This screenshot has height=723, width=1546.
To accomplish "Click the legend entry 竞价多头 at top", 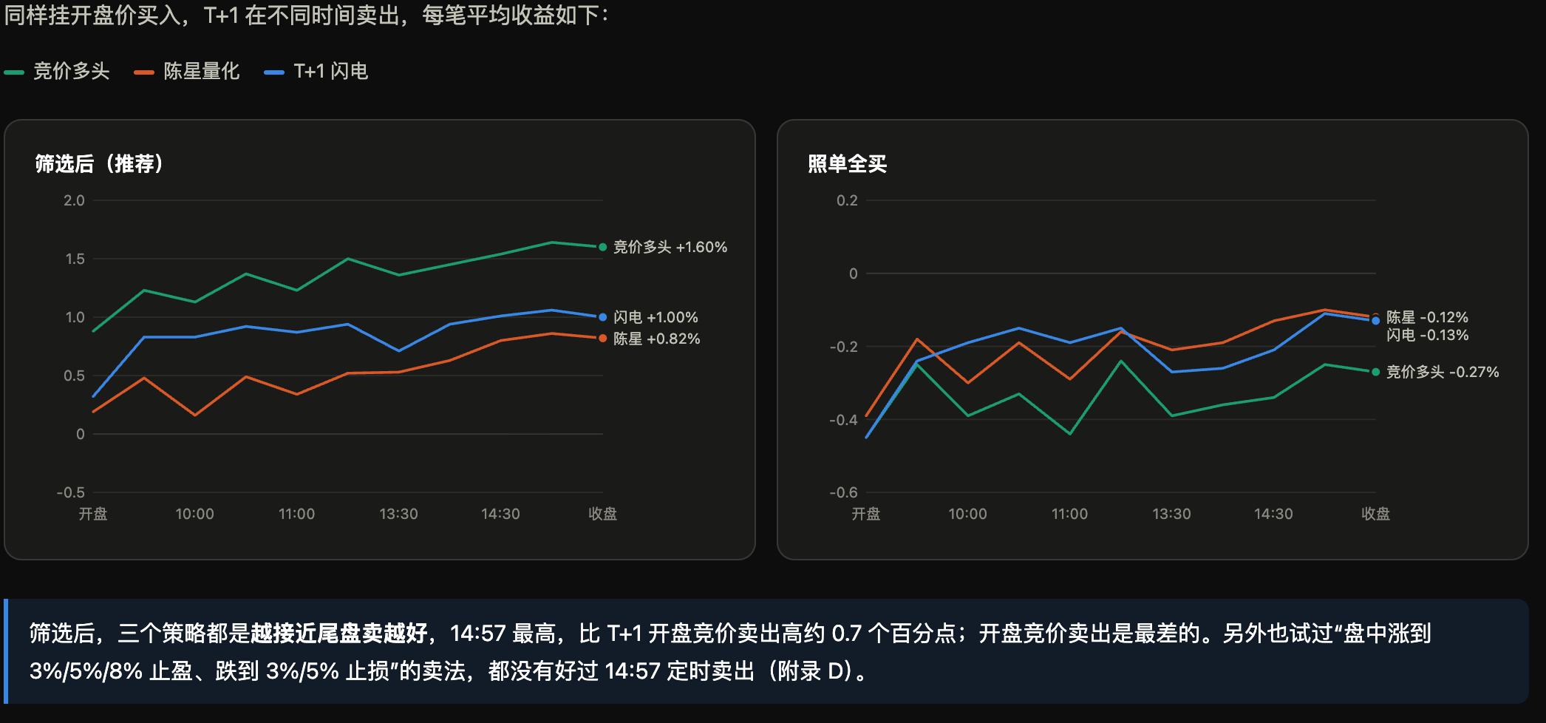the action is [57, 71].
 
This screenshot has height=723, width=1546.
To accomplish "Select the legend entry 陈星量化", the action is [187, 71].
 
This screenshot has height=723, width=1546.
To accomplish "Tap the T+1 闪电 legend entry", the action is [316, 71].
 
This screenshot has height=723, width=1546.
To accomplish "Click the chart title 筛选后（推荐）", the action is [99, 163].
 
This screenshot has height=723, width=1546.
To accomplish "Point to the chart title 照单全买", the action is [847, 163].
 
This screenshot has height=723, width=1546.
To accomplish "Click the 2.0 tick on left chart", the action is [74, 200].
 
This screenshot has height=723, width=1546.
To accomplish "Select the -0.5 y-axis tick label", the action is [71, 492].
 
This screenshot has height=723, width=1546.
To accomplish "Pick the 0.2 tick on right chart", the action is [847, 200].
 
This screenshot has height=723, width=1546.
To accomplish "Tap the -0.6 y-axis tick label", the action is [843, 492].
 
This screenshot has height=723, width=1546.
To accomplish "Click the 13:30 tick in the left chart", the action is [398, 514].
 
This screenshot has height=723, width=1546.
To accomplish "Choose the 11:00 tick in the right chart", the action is [1069, 514].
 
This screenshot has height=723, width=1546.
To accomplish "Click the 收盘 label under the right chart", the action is [1375, 514].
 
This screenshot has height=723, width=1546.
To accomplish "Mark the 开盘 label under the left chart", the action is [93, 514].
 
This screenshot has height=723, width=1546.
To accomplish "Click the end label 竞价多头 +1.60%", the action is [670, 247].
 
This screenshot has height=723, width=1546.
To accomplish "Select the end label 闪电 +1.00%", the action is [655, 317].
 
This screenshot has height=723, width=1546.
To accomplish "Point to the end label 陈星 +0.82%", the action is [656, 339].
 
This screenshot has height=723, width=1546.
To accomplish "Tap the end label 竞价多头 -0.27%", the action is [1443, 372].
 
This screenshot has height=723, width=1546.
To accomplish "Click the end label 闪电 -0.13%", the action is [1427, 335].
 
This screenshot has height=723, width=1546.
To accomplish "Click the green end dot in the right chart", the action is [1375, 372].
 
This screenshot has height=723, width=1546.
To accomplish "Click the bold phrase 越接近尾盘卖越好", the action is [339, 634].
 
